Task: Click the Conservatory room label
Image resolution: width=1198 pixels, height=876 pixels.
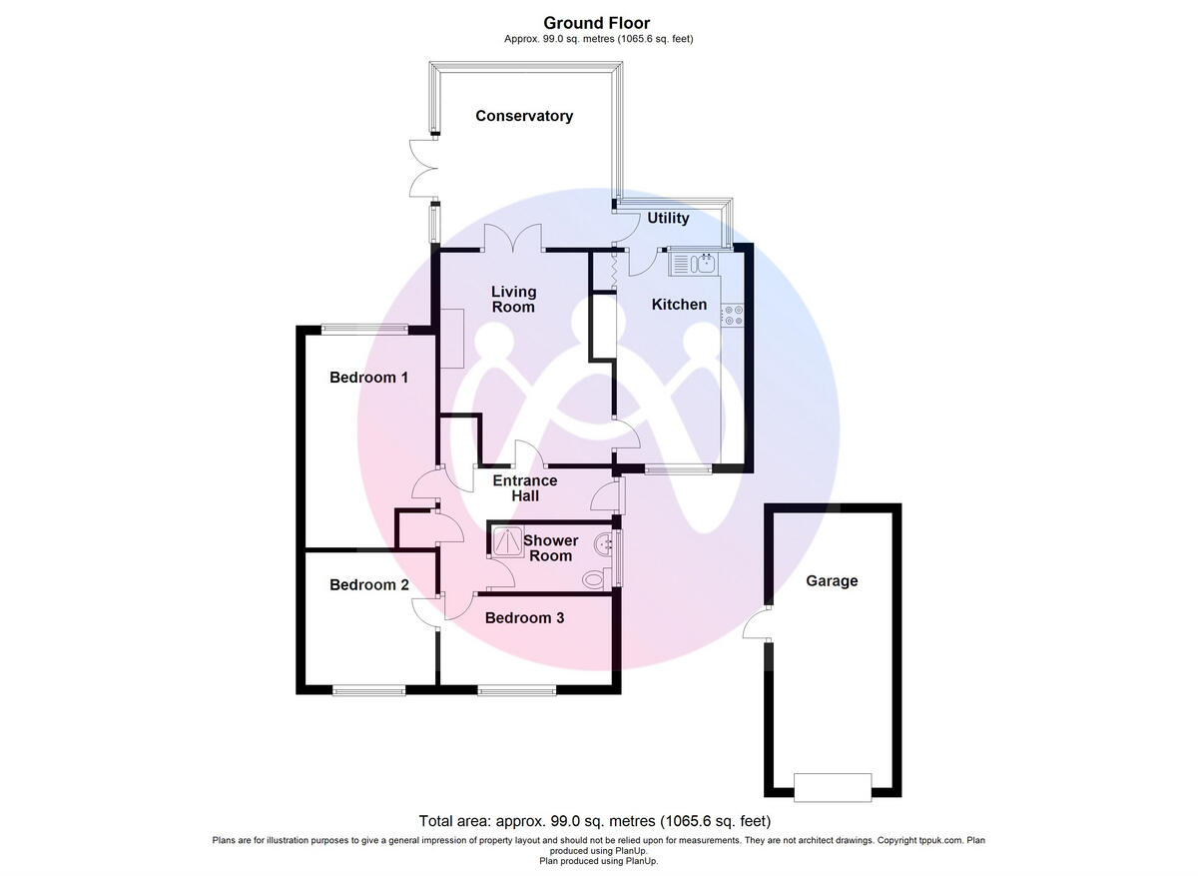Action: coord(524,116)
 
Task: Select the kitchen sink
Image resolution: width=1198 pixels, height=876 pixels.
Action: coord(695,264)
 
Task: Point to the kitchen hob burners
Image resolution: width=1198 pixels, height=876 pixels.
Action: coord(734,316)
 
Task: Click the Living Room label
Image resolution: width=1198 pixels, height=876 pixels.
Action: coord(513,299)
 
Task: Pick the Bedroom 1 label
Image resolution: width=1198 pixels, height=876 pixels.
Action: coord(368,378)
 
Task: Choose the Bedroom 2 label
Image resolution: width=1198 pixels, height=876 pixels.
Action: coord(368,584)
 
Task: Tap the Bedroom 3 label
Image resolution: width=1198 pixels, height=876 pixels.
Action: coord(524,617)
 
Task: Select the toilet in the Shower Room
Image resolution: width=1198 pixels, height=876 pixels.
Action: coord(596,577)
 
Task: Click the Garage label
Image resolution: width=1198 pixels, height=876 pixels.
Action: coord(832,580)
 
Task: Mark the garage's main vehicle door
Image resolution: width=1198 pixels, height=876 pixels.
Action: coord(832,786)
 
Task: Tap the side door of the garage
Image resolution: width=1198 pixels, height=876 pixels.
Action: coord(758,625)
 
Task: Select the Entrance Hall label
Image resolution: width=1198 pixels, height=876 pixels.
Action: coord(525,487)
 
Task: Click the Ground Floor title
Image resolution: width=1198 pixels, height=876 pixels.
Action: coord(597,22)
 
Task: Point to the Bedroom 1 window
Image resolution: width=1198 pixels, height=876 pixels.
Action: coord(364,328)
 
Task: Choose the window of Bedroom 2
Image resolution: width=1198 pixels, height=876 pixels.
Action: coord(369,688)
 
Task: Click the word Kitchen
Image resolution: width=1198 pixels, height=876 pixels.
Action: coord(679,304)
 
